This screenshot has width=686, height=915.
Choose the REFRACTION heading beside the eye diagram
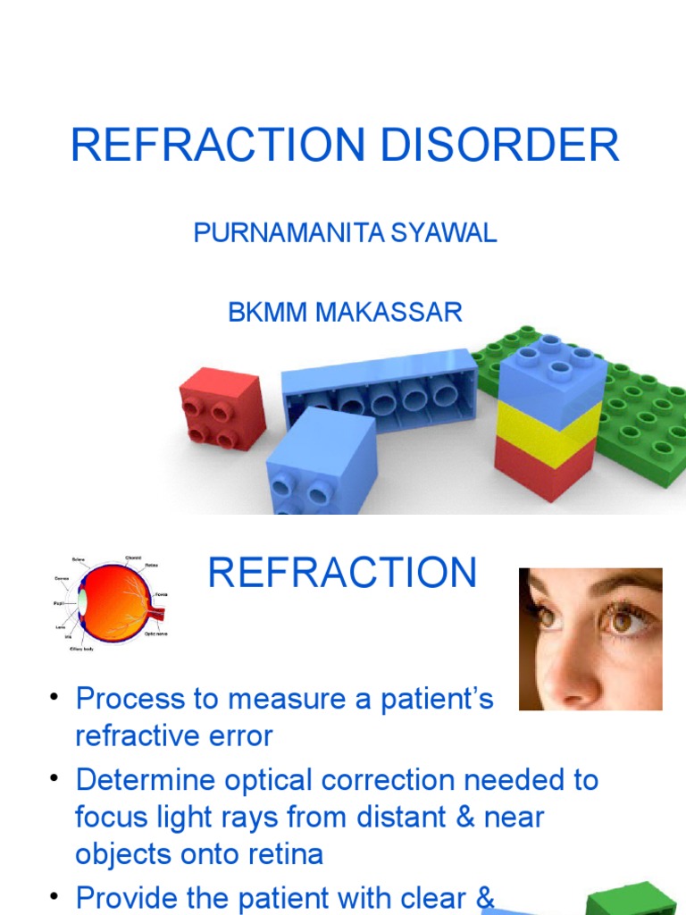click(342, 573)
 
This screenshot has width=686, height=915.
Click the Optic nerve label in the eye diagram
click(155, 634)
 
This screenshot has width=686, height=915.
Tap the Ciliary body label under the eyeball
click(81, 649)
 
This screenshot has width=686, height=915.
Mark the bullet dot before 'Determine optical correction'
click(54, 779)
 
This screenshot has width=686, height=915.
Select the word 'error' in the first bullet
click(238, 735)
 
